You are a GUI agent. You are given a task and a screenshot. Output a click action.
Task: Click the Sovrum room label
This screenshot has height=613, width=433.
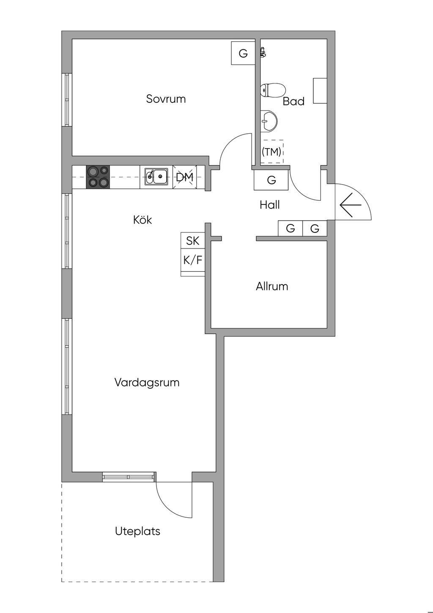[x=166, y=99]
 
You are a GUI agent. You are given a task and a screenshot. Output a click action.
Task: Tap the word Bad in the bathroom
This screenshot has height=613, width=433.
[x=293, y=101]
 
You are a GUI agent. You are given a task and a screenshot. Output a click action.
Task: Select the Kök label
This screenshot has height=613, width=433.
[x=143, y=220]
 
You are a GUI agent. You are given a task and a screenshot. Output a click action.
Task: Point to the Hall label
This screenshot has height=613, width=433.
[x=270, y=205]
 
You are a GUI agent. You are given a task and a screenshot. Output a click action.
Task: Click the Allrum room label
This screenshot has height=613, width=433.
[x=272, y=286]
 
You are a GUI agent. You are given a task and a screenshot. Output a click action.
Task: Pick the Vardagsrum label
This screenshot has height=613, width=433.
[x=147, y=382]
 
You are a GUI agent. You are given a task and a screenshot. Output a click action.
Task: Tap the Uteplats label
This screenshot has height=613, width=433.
[x=137, y=531]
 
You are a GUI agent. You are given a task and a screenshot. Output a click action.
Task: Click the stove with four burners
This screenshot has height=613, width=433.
[x=98, y=177]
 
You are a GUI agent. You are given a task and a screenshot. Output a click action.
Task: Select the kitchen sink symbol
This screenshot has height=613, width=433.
[x=156, y=177]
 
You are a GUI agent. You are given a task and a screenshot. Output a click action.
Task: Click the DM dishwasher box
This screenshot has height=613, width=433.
[x=184, y=177]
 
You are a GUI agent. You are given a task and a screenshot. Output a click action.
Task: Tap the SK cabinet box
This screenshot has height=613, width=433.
[x=193, y=240]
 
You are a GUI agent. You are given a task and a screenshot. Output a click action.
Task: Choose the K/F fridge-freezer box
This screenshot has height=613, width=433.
[x=193, y=260]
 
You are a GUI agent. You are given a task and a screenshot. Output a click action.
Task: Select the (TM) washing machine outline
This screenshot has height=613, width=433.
[x=271, y=151]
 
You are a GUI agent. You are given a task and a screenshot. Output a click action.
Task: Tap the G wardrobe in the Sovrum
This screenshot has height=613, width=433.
[x=243, y=53]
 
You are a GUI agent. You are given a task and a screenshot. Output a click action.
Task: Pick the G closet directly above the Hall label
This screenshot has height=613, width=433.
[x=271, y=180]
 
